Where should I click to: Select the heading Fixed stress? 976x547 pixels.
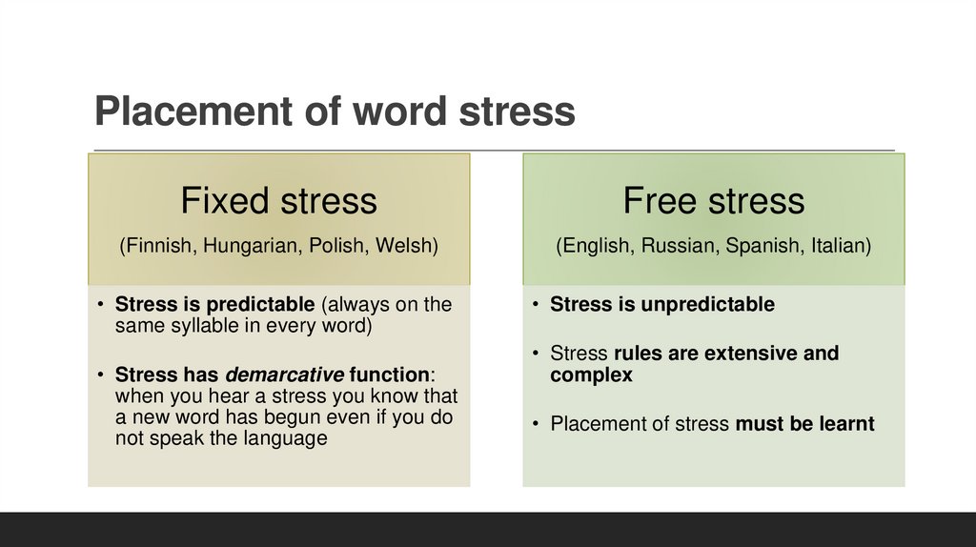[x=278, y=201]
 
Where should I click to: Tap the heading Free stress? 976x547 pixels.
[x=714, y=201]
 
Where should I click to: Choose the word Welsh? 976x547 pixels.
[x=406, y=246]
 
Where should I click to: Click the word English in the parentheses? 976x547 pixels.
[x=597, y=246]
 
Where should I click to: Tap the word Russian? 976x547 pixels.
[x=680, y=246]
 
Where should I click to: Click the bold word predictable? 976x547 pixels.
[x=255, y=305]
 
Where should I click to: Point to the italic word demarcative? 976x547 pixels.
[x=284, y=374]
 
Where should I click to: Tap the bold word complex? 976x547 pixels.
[x=591, y=375]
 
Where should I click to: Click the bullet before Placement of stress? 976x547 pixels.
[x=539, y=424]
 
